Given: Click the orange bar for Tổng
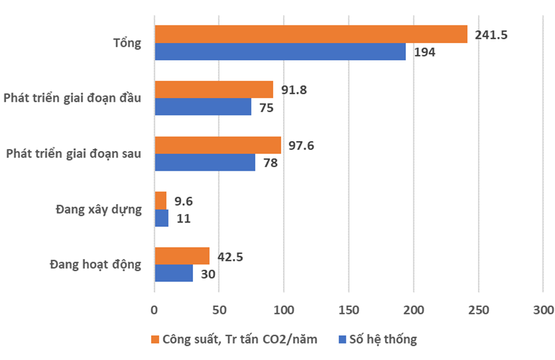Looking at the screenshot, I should point(311,35).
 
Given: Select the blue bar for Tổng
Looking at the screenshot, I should point(280,52).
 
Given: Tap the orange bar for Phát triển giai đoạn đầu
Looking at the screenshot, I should point(214,90).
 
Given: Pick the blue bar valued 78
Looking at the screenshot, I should point(205,163).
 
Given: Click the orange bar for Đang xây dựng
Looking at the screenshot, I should point(160,200).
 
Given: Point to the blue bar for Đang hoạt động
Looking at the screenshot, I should point(174,273).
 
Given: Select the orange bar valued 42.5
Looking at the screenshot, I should point(182,256).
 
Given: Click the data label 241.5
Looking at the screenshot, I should point(491,35).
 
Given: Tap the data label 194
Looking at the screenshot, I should point(424,52).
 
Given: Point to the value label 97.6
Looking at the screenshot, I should point(302,145).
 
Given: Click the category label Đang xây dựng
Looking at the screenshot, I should point(99,210).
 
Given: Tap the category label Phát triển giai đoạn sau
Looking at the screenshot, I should point(73,154).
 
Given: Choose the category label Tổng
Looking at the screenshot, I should point(128,43).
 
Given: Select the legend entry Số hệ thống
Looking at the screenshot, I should point(378,340).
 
